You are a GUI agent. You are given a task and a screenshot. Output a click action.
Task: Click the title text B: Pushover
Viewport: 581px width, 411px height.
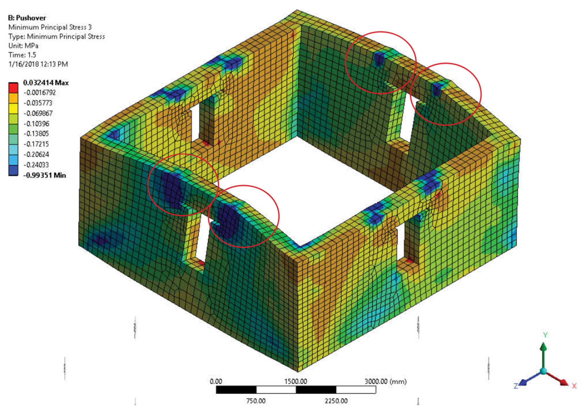[x=27, y=18]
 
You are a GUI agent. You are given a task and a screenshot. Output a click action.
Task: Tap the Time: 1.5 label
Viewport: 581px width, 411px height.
[x=22, y=55]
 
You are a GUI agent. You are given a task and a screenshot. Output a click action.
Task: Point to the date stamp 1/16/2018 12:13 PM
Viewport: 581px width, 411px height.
[x=38, y=64]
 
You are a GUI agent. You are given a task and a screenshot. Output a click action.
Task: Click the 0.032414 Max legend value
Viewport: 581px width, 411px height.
[x=46, y=83]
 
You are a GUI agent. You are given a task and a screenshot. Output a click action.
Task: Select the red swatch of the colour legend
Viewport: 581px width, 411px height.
[x=13, y=88]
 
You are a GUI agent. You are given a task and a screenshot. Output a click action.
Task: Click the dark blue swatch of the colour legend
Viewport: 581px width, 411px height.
[x=13, y=170]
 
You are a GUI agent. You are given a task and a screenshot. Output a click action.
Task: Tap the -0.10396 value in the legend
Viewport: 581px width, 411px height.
[x=37, y=124]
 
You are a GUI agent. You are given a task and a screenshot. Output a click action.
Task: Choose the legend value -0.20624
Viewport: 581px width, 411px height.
[x=37, y=154]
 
